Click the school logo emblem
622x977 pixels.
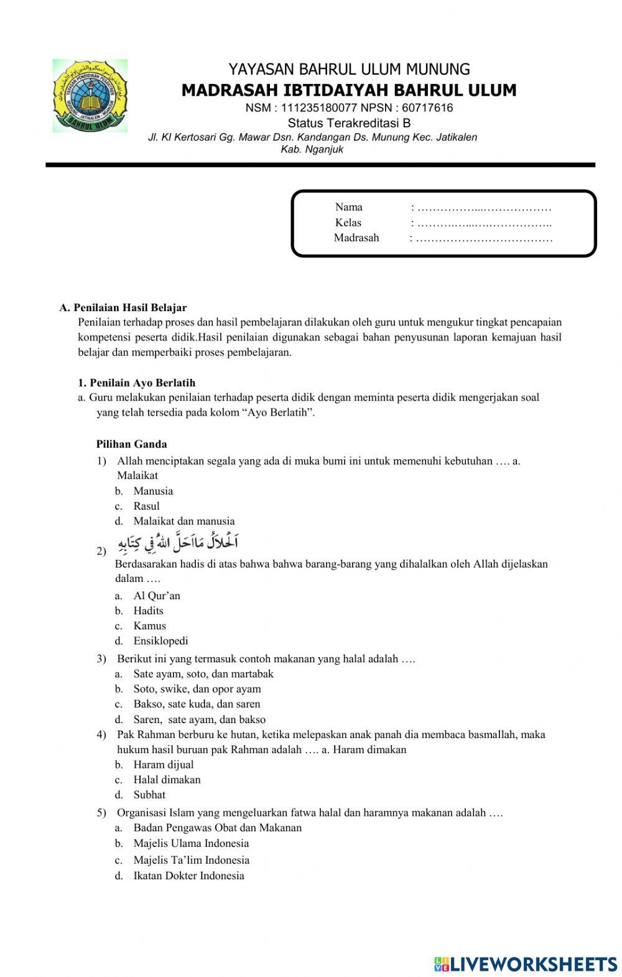point(90,96)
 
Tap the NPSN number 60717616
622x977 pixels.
point(427,108)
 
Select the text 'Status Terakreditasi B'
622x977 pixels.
point(349,123)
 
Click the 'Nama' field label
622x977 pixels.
point(348,207)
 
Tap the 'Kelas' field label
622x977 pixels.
point(348,223)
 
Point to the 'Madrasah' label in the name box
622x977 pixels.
point(356,238)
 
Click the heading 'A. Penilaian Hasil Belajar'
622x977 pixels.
point(123,307)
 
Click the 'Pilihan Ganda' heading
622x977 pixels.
point(131,444)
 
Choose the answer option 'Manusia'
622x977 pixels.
point(153,491)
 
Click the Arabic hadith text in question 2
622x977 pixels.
point(177,542)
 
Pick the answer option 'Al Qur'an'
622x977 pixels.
point(157,596)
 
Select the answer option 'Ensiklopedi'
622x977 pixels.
point(160,641)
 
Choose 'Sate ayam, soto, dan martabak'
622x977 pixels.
point(203,674)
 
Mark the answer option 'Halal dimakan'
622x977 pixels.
point(167,780)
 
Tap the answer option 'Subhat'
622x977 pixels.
point(149,795)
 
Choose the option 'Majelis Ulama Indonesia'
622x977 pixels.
point(191,844)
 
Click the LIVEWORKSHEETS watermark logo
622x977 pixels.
point(526,964)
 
